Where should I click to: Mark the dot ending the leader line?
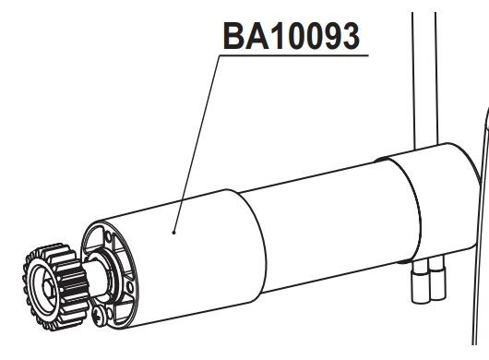173,233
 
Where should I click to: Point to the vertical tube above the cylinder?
422,74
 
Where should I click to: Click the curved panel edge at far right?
476,185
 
